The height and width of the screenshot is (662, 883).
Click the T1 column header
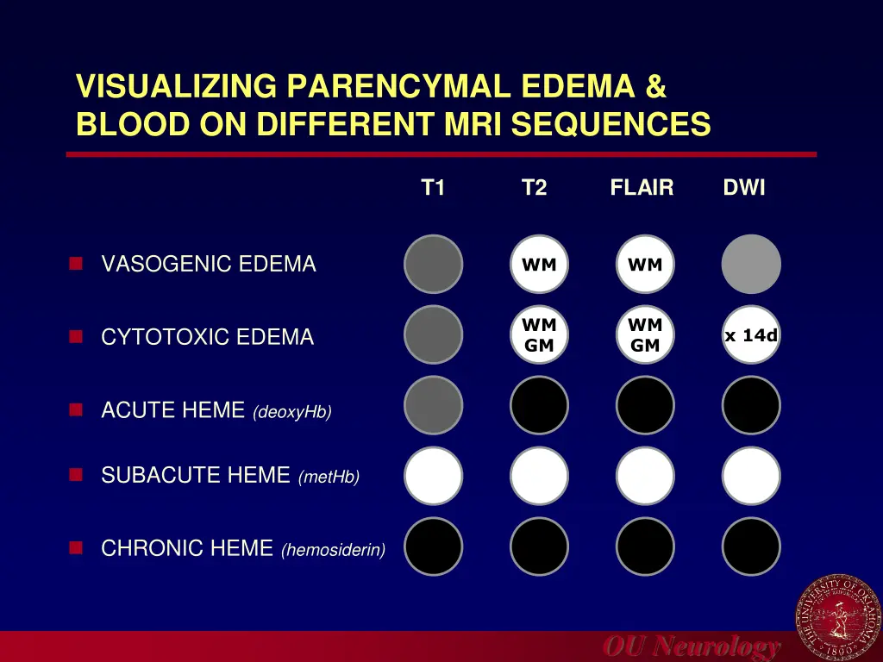pyautogui.click(x=433, y=188)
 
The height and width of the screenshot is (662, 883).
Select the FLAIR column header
pyautogui.click(x=642, y=188)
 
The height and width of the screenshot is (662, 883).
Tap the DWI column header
pyautogui.click(x=744, y=188)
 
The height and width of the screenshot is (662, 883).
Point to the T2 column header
pyautogui.click(x=535, y=188)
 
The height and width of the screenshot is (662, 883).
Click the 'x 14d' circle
pyautogui.click(x=751, y=335)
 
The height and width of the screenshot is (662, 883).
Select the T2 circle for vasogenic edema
pyautogui.click(x=539, y=265)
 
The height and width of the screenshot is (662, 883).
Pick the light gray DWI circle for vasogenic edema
pyautogui.click(x=751, y=265)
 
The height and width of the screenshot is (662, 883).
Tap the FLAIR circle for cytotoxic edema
pyautogui.click(x=645, y=335)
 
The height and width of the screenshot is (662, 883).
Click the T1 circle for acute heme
pyautogui.click(x=434, y=405)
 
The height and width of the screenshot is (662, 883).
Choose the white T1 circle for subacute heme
pyautogui.click(x=434, y=476)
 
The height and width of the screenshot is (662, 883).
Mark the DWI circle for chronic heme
pyautogui.click(x=751, y=546)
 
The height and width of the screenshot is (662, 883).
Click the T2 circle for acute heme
pyautogui.click(x=539, y=405)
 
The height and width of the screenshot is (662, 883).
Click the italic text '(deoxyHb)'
pyautogui.click(x=292, y=413)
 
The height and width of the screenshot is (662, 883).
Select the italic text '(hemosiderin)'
pyautogui.click(x=333, y=550)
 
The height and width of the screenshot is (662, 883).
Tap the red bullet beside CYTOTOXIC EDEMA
pyautogui.click(x=76, y=337)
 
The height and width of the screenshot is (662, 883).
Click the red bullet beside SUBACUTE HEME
pyautogui.click(x=76, y=475)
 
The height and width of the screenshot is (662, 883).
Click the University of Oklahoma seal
pyautogui.click(x=837, y=617)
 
